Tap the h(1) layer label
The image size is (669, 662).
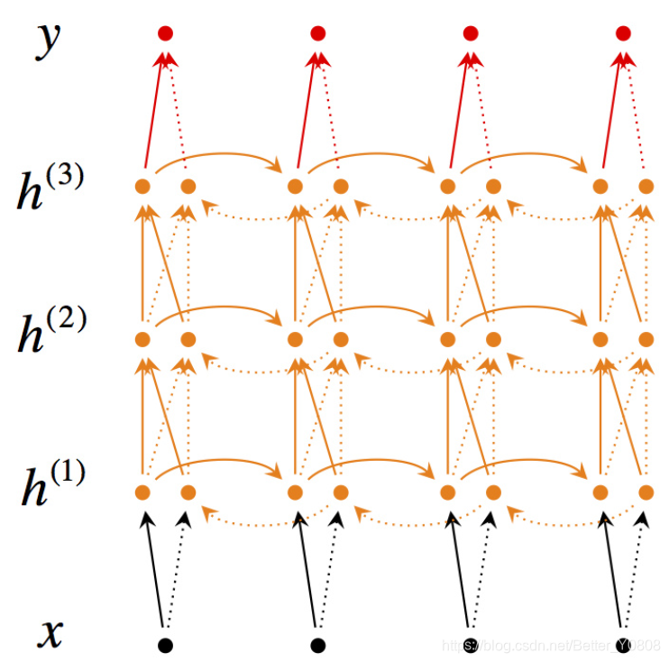pos(50,487)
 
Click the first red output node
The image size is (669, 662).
pos(165,33)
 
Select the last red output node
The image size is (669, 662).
pos(623,33)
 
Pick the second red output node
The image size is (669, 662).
pos(317,33)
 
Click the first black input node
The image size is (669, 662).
pos(165,645)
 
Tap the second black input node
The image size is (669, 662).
pos(317,645)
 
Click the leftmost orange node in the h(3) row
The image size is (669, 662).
pos(142,187)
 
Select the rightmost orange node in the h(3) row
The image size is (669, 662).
pos(646,187)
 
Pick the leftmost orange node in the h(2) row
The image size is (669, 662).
pos(142,339)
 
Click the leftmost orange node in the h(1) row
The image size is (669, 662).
pos(142,492)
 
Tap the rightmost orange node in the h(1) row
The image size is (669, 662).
pos(646,492)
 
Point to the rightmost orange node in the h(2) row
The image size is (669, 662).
pos(646,339)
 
